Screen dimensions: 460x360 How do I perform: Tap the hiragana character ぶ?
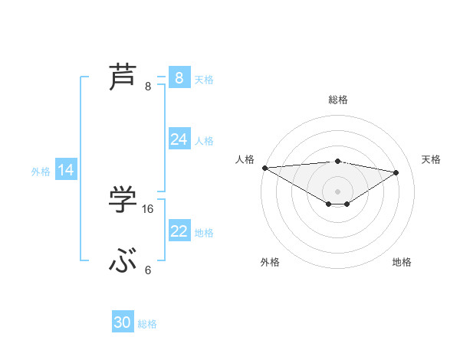point(123,262)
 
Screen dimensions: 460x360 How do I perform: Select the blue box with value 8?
point(179,77)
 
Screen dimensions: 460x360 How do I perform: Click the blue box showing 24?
point(179,139)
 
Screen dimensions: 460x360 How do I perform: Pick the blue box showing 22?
point(179,231)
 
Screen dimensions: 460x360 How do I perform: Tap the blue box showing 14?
point(66,170)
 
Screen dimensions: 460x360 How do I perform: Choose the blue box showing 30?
point(123,322)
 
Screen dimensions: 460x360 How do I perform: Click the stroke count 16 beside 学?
point(148,209)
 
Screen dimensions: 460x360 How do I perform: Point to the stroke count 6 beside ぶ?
point(148,270)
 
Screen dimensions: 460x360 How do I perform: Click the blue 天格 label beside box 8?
point(204,80)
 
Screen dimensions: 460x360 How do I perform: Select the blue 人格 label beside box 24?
point(204,141)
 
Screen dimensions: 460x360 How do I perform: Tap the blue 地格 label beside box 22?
point(204,233)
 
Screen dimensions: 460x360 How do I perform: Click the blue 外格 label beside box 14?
point(41,172)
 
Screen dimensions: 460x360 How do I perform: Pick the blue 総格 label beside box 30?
point(147,324)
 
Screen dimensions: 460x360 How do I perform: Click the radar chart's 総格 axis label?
point(338,100)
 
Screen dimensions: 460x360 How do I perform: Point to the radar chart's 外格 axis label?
point(270,262)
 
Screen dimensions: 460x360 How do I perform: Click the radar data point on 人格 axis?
point(264,168)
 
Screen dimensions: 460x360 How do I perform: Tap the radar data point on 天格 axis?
point(396,172)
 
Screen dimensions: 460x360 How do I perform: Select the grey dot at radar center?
point(337,190)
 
